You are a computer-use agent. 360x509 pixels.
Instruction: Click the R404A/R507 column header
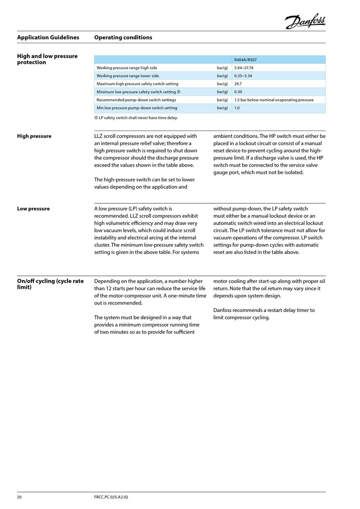coord(245,60)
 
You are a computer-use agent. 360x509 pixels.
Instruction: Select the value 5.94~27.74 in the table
coord(244,68)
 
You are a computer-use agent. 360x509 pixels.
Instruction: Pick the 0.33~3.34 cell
coord(243,76)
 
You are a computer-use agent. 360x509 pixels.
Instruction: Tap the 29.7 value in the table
coord(238,84)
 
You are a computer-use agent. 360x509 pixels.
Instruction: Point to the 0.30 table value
coord(238,92)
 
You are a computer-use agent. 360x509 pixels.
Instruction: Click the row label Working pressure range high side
coord(127,68)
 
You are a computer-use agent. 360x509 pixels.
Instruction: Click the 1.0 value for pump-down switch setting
coord(237,108)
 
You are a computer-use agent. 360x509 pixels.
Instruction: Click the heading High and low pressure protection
coord(47,59)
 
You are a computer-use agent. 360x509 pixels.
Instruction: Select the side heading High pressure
coord(34,136)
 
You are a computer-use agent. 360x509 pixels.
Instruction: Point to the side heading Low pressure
coord(33,208)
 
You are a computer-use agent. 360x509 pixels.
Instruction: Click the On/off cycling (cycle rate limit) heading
coord(50,284)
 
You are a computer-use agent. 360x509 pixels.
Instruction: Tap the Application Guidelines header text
coord(48,38)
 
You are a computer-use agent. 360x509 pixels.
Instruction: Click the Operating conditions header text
coord(123,38)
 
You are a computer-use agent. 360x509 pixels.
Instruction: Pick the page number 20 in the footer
coord(20,497)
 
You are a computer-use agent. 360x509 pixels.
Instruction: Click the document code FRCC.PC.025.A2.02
coord(112,497)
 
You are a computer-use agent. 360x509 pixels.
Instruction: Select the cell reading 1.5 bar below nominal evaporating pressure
coord(274,100)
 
